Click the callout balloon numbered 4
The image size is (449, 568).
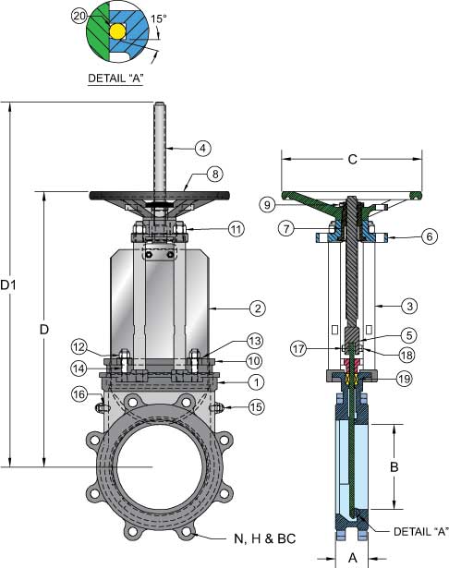coord(203,148)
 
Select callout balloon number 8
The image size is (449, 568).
coord(215,174)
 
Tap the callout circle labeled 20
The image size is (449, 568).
coord(79,17)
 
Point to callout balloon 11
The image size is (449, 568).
coord(236,229)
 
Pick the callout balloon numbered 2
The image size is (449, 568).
coord(258,308)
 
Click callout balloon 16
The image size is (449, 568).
coord(79,394)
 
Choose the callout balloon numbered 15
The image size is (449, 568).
coord(256,406)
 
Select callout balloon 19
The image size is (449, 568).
coord(405,379)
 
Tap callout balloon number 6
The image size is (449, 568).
coord(430,236)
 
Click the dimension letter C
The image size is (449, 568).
coord(352,159)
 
